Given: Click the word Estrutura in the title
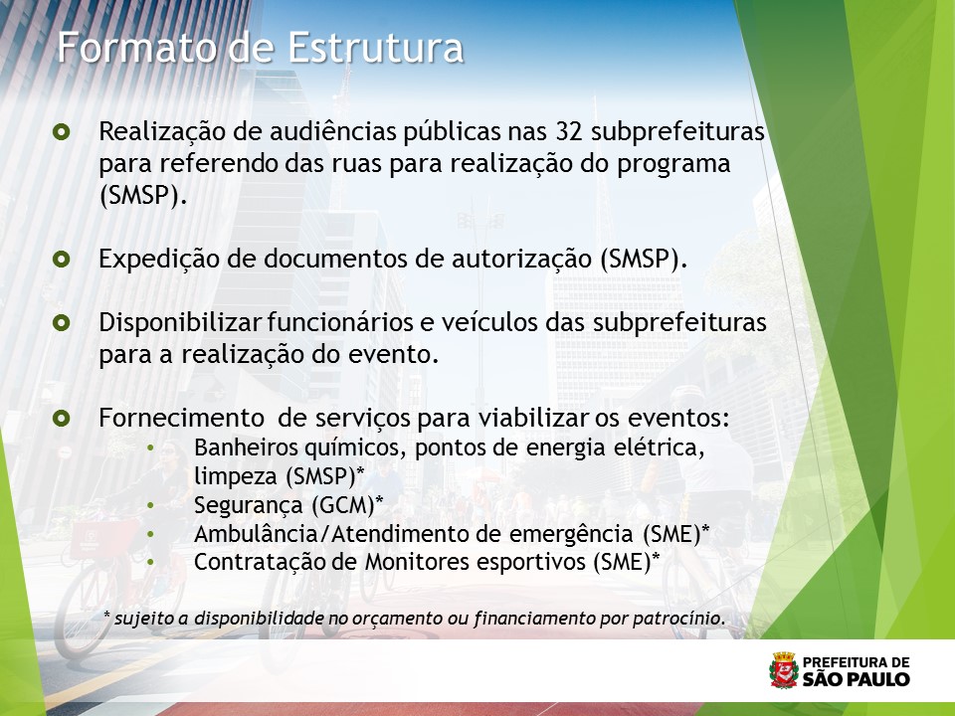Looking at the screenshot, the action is coord(375,48).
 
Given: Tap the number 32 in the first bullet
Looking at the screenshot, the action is coord(569,131).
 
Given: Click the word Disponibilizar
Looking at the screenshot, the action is coord(180,322).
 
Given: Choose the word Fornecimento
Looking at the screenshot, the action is coord(181,419).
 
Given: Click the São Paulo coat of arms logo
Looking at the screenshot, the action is coord(784,670).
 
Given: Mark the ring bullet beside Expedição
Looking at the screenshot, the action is coord(62,260).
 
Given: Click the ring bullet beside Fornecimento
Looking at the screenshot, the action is coord(62,419).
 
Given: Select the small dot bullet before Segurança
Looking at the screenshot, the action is coord(150,506).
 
